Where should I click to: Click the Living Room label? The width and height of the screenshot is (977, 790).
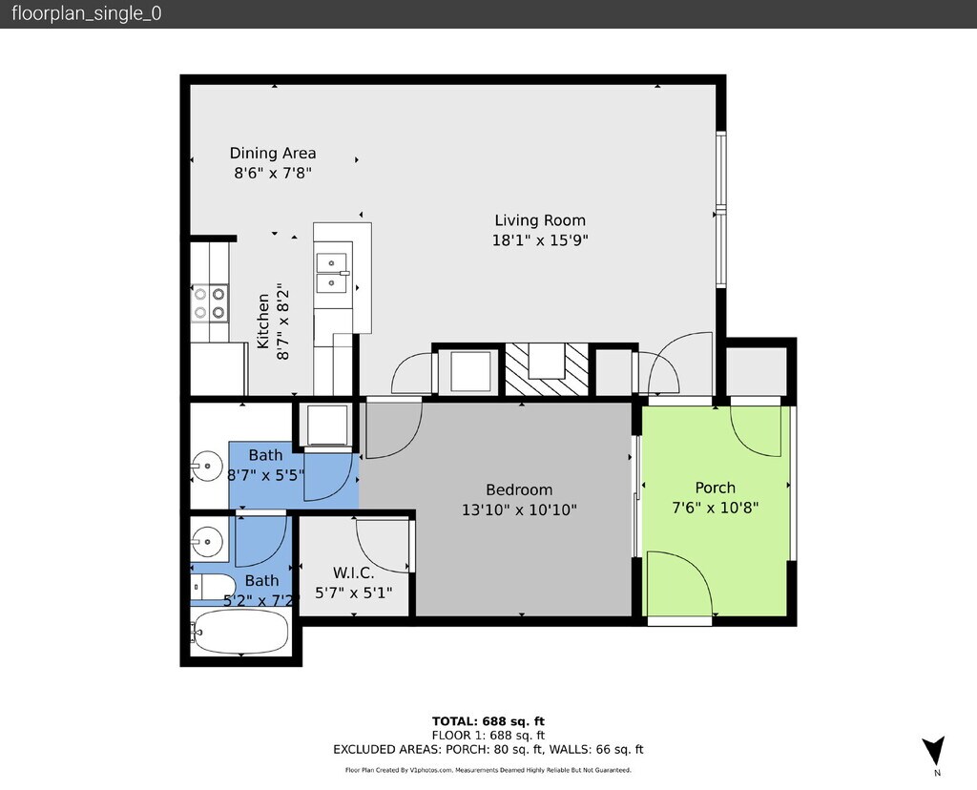(x=540, y=220)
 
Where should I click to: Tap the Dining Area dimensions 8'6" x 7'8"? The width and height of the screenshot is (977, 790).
(x=273, y=173)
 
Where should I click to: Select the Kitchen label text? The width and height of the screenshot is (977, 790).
(x=263, y=322)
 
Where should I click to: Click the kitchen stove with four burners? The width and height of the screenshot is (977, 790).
(x=209, y=302)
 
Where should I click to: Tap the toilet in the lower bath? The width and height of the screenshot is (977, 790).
(x=213, y=587)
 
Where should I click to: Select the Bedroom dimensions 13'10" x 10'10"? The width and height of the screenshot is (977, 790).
(x=519, y=509)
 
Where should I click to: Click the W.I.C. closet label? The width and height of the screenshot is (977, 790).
(x=353, y=572)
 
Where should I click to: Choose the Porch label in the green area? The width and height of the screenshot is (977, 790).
(x=716, y=488)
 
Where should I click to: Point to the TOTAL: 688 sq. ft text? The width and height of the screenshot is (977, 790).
(x=488, y=721)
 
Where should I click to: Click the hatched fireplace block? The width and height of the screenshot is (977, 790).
(x=547, y=369)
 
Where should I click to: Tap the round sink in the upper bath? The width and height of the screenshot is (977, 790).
(x=206, y=466)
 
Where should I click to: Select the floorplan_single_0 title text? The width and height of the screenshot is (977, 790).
(x=87, y=13)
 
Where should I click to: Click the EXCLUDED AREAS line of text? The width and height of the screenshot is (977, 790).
(x=488, y=750)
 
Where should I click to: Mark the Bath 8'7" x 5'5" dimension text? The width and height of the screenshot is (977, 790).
(x=266, y=475)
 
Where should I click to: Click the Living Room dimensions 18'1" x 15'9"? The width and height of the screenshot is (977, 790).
(x=540, y=239)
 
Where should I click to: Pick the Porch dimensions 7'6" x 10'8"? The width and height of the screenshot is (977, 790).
(x=716, y=508)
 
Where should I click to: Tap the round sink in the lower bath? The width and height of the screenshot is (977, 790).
(x=206, y=541)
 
